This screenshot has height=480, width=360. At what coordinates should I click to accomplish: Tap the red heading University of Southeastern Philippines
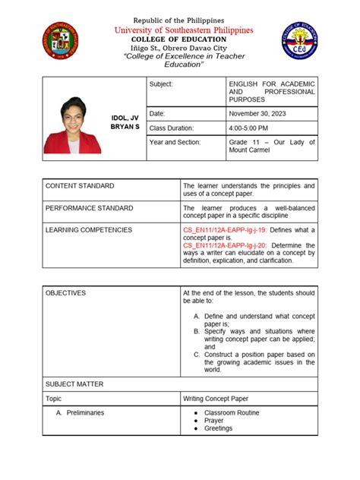point(179,30)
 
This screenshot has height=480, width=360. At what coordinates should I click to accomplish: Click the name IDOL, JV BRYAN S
point(125,122)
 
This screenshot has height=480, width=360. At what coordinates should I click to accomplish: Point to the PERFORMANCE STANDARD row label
point(89,207)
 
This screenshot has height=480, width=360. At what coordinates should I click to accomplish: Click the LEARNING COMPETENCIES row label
point(88,229)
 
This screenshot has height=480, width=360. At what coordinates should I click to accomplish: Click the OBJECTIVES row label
point(66,292)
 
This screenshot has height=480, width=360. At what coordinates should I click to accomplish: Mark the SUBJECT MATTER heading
point(74,384)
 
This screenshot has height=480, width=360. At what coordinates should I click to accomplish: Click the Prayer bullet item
point(214,420)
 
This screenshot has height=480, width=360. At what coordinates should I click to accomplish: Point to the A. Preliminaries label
point(80,412)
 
